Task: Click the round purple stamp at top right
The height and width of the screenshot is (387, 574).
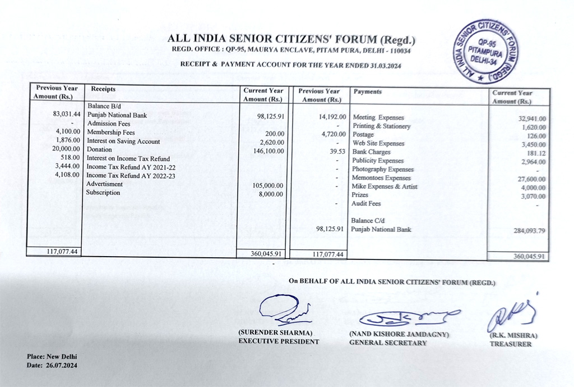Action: point(486,51)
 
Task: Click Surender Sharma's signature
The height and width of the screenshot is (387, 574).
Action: point(284,310)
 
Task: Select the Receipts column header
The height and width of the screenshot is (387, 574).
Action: point(103,89)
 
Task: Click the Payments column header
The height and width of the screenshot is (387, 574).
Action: point(368,92)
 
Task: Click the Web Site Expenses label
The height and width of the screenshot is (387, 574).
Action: point(378,144)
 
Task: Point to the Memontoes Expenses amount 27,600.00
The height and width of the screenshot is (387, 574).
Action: point(530,179)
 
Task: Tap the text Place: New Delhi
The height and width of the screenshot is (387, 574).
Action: point(52,357)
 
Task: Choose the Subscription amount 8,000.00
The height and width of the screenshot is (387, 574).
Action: point(271,194)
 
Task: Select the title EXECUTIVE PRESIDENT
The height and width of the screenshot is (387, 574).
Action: point(279,341)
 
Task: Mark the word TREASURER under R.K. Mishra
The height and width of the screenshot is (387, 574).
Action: point(511,344)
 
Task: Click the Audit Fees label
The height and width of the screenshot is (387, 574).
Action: point(366,203)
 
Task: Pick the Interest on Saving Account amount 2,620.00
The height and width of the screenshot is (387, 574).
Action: point(271,142)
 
